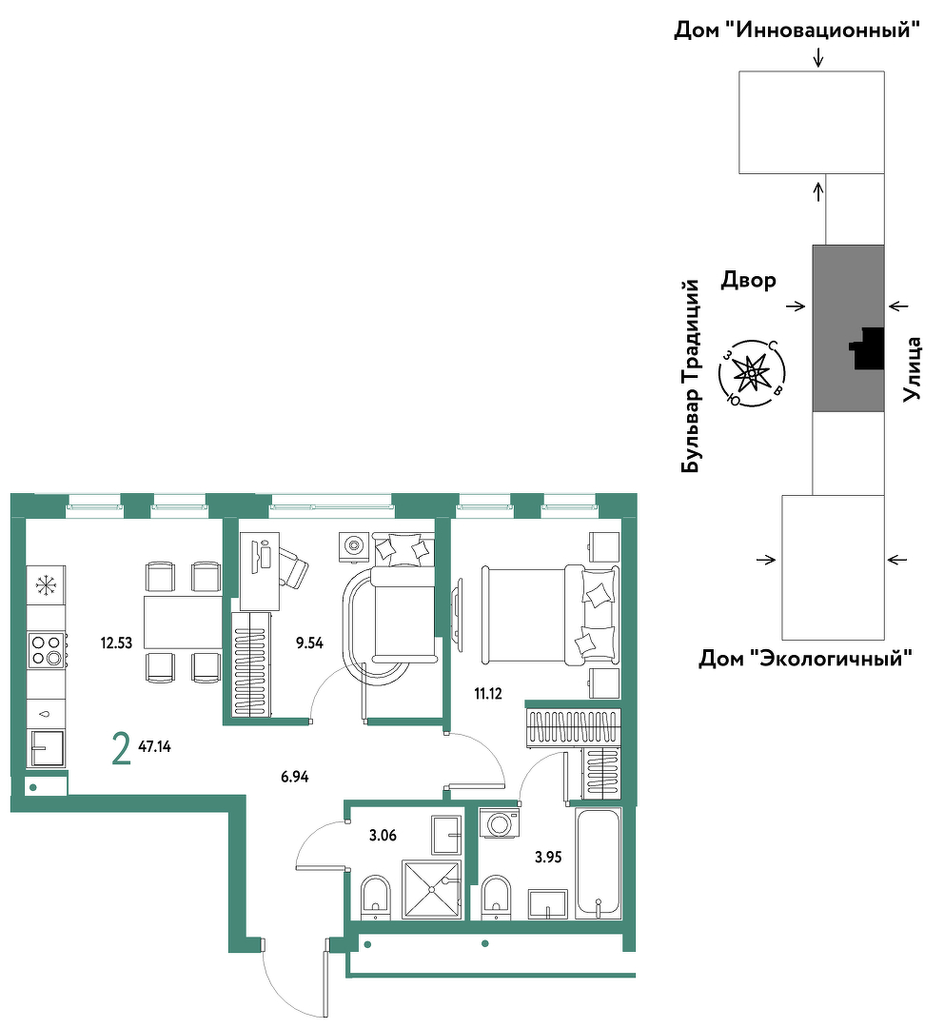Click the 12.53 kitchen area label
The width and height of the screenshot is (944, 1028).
pyautogui.click(x=116, y=643)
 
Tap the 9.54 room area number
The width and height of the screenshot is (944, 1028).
pyautogui.click(x=309, y=643)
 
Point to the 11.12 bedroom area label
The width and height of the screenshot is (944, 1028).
pyautogui.click(x=488, y=694)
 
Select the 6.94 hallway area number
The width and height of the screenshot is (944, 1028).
pyautogui.click(x=294, y=777)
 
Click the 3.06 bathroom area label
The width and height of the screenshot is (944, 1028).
pyautogui.click(x=383, y=836)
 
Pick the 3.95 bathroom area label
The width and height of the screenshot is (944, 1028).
pyautogui.click(x=548, y=857)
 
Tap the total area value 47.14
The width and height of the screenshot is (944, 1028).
pyautogui.click(x=155, y=746)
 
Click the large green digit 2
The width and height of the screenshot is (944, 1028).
pyautogui.click(x=121, y=749)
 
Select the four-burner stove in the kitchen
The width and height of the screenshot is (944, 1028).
pyautogui.click(x=47, y=650)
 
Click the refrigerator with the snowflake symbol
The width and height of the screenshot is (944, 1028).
pyautogui.click(x=47, y=584)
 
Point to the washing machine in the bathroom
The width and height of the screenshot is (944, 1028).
pyautogui.click(x=500, y=822)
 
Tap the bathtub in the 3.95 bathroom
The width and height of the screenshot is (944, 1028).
pyautogui.click(x=598, y=863)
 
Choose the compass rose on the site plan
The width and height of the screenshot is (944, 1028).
pyautogui.click(x=751, y=373)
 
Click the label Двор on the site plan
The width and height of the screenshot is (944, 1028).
pyautogui.click(x=749, y=280)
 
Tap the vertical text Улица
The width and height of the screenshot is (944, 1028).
pyautogui.click(x=912, y=368)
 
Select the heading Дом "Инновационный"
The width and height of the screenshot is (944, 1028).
pyautogui.click(x=797, y=30)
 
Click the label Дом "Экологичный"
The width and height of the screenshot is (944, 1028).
pyautogui.click(x=806, y=658)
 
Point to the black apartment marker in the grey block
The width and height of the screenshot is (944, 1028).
pyautogui.click(x=867, y=348)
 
